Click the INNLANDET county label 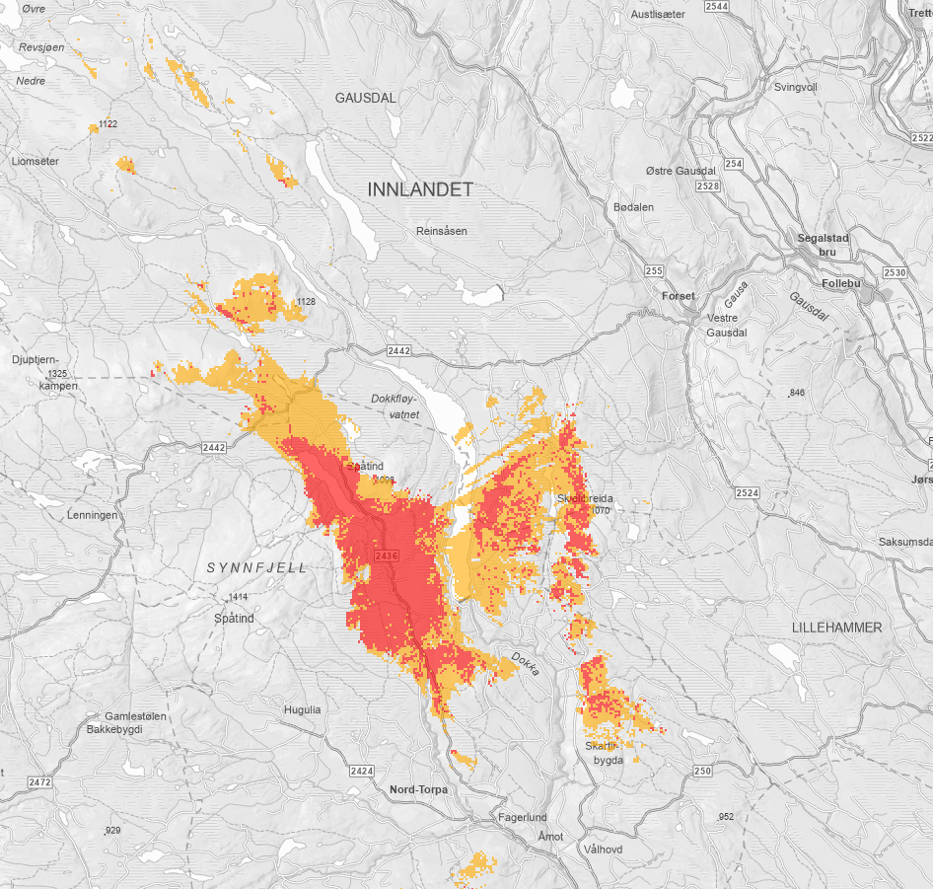click(420, 188)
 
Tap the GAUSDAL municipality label click(365, 98)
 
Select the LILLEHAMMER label click(836, 628)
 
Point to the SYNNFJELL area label click(257, 567)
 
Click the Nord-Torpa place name click(418, 789)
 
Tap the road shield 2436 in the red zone click(387, 557)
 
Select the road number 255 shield click(653, 270)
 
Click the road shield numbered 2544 click(717, 6)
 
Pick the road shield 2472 click(39, 781)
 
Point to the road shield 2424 click(362, 770)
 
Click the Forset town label click(679, 296)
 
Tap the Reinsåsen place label click(441, 231)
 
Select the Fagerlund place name click(523, 818)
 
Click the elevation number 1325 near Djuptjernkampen click(56, 374)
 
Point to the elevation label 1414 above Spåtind click(238, 598)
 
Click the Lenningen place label click(93, 515)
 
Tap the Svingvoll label click(796, 87)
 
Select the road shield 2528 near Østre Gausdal click(706, 185)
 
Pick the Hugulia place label click(302, 709)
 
